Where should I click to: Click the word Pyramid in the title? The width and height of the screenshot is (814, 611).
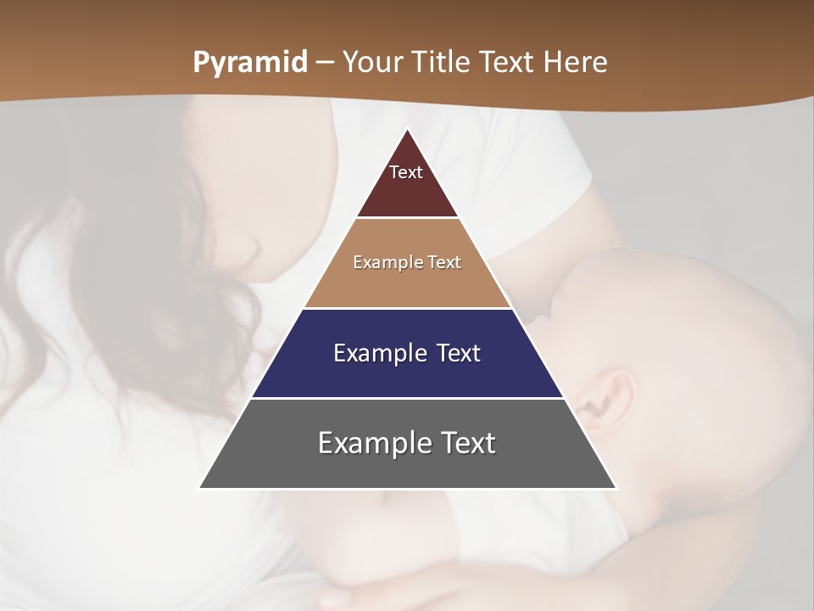click(x=250, y=63)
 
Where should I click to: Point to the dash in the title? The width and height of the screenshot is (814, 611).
click(x=326, y=63)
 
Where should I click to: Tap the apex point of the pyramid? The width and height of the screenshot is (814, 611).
click(x=408, y=130)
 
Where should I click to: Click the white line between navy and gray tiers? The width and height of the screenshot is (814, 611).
click(x=408, y=398)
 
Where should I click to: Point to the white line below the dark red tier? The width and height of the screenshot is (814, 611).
click(x=408, y=218)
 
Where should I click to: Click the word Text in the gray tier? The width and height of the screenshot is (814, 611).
click(x=466, y=443)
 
